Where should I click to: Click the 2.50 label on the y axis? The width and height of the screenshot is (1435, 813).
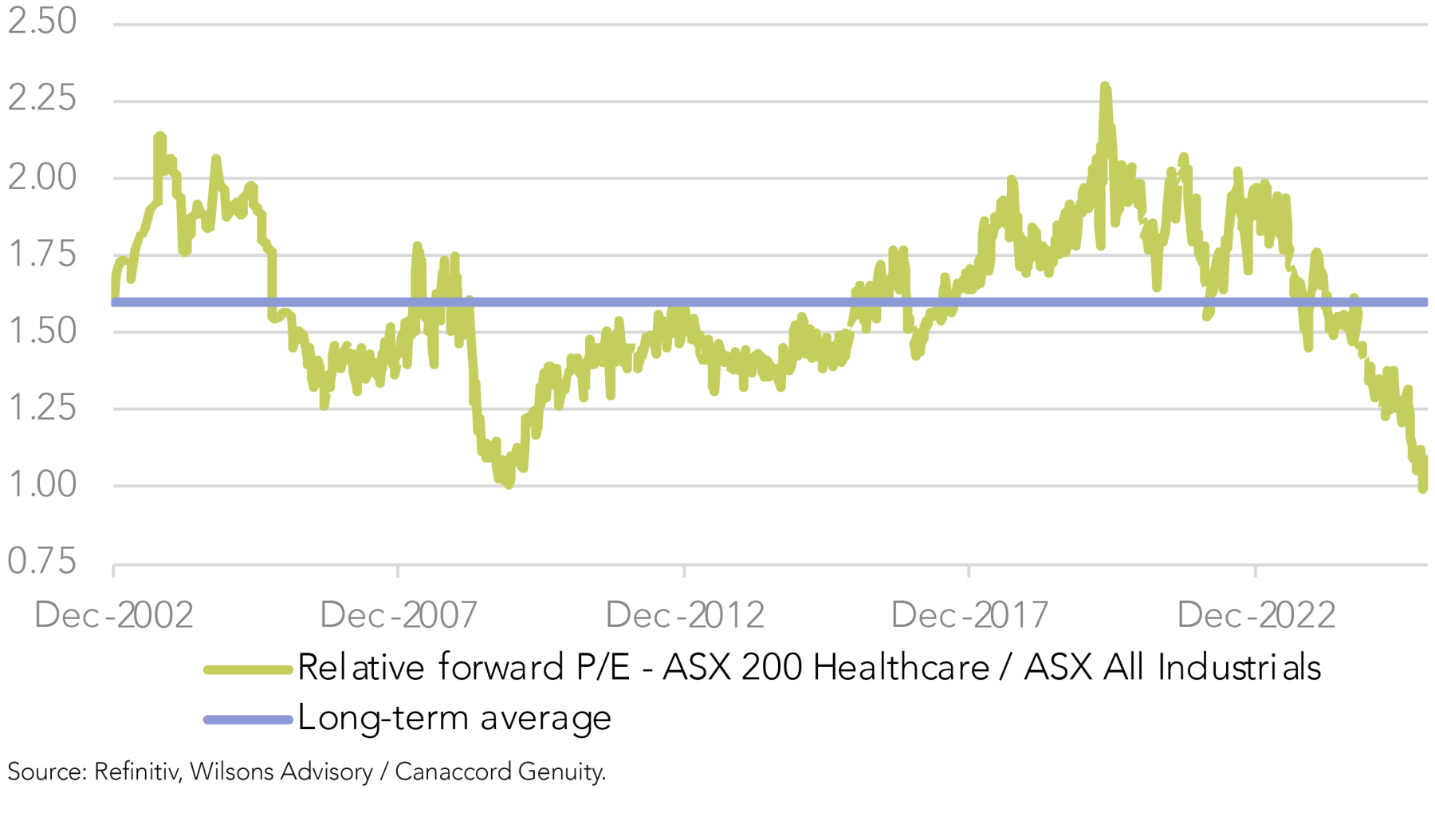point(42,22)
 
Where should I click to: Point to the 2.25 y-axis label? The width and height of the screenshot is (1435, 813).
point(42,98)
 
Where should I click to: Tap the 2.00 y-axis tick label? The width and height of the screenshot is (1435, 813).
point(42,176)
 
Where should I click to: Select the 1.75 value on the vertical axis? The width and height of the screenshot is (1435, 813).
point(42,254)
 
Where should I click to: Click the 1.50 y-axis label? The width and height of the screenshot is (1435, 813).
point(42,330)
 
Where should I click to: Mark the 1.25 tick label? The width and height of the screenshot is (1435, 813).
point(42,408)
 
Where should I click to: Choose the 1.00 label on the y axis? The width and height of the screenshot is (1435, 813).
point(42,484)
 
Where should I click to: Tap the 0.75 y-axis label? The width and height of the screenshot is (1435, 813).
point(42,562)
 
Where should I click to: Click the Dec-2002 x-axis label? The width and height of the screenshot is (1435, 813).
point(114,615)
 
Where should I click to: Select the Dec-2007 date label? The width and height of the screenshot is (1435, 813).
point(399,615)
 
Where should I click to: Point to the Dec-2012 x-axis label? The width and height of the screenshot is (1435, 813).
point(685,615)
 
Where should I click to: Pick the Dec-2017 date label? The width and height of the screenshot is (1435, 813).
point(969,615)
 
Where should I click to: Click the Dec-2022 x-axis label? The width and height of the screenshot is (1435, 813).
point(1256,615)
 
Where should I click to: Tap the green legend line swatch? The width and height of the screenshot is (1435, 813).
point(248,670)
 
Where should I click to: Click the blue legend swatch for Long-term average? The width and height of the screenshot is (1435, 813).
point(248,720)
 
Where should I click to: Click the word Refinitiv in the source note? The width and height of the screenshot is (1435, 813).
point(137,772)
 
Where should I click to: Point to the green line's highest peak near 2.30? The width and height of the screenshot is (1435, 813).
point(1104,85)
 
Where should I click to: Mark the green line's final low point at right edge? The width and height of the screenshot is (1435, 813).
point(1423,488)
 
